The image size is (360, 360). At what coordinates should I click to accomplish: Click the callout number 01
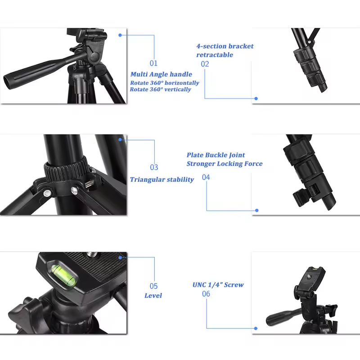pos(154,63)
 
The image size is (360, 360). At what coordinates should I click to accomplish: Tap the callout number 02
pos(205,64)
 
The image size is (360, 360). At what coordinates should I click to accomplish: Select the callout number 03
pos(154,167)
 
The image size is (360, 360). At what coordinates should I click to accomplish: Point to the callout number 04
pos(206,177)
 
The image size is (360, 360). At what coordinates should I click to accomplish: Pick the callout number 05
pos(153,286)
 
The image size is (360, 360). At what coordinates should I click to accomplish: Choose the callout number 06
pos(206,294)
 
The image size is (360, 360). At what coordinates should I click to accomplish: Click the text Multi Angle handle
pos(161,74)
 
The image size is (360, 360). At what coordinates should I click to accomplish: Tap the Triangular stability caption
pos(162,180)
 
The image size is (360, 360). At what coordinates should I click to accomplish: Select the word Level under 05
pos(153,296)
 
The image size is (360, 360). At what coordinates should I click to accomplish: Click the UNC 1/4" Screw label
pos(218,285)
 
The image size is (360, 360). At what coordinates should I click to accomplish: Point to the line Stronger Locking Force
pos(224,164)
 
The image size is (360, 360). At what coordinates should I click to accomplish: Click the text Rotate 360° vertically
pos(160,89)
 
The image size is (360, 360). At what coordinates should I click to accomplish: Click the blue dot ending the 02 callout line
pos(256,98)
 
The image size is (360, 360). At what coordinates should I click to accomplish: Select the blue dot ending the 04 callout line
pos(257,210)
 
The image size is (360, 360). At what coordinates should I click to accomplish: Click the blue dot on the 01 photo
pos(120,35)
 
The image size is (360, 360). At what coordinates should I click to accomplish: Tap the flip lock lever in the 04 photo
pos(298,197)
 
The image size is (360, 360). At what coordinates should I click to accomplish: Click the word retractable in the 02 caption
pos(214,55)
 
